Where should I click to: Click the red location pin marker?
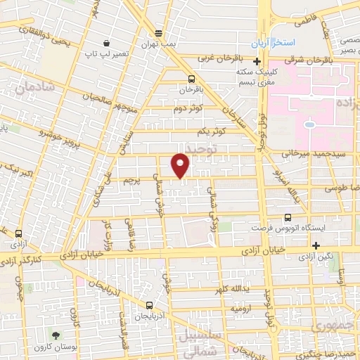pos(180,165)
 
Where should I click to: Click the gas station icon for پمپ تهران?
pos(160,32)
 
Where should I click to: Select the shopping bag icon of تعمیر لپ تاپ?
pos(105,42)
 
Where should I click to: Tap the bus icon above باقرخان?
pos(192,79)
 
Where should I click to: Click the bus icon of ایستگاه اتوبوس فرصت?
pos(287,218)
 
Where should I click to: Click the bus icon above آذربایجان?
pos(149,305)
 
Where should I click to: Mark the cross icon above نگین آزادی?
pos(316,245)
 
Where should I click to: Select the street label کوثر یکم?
pos(211,131)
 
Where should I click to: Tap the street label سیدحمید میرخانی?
pos(314,153)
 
